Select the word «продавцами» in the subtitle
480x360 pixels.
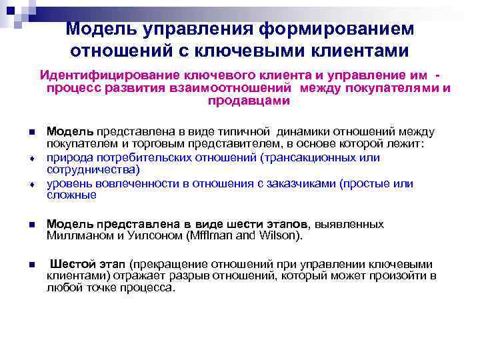tap(249, 101)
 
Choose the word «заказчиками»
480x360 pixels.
tap(303, 183)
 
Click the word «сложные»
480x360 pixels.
tap(71, 195)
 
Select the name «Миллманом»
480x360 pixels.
tap(75, 235)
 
